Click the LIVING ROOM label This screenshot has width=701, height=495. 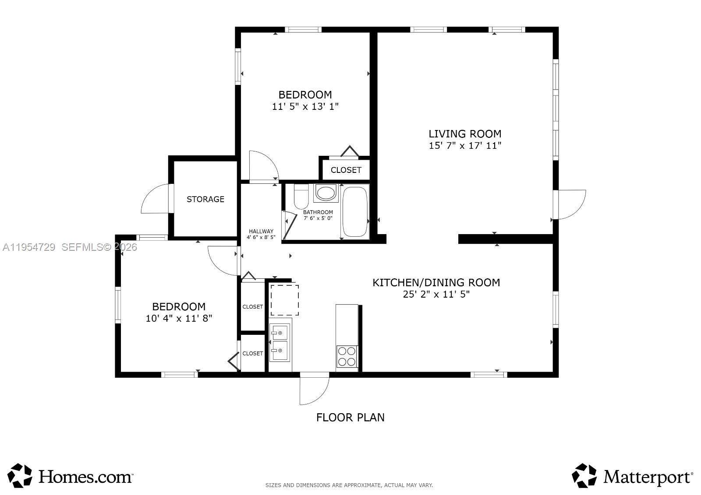click(x=465, y=134)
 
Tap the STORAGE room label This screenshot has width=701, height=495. click(x=205, y=199)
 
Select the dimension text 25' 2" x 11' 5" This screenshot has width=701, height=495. click(x=436, y=295)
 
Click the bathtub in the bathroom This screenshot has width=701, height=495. click(x=355, y=212)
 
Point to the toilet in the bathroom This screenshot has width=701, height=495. click(x=301, y=198)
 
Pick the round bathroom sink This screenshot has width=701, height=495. click(x=326, y=193)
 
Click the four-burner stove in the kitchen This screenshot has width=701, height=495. click(x=347, y=356)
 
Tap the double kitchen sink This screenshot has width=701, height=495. click(x=280, y=342)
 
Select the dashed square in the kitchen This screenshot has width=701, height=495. click(x=284, y=300)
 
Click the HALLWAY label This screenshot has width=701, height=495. click(x=261, y=232)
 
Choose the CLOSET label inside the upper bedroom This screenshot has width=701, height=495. click(x=346, y=170)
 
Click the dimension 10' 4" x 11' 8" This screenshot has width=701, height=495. click(x=179, y=319)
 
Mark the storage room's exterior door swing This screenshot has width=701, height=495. click(x=156, y=199)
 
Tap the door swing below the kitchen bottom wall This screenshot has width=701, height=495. click(x=314, y=390)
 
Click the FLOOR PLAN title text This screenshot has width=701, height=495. click(x=350, y=417)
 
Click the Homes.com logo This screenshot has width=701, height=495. click(x=70, y=476)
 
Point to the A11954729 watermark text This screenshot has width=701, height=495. click(x=29, y=247)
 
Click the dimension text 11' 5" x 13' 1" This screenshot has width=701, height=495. click(x=305, y=106)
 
